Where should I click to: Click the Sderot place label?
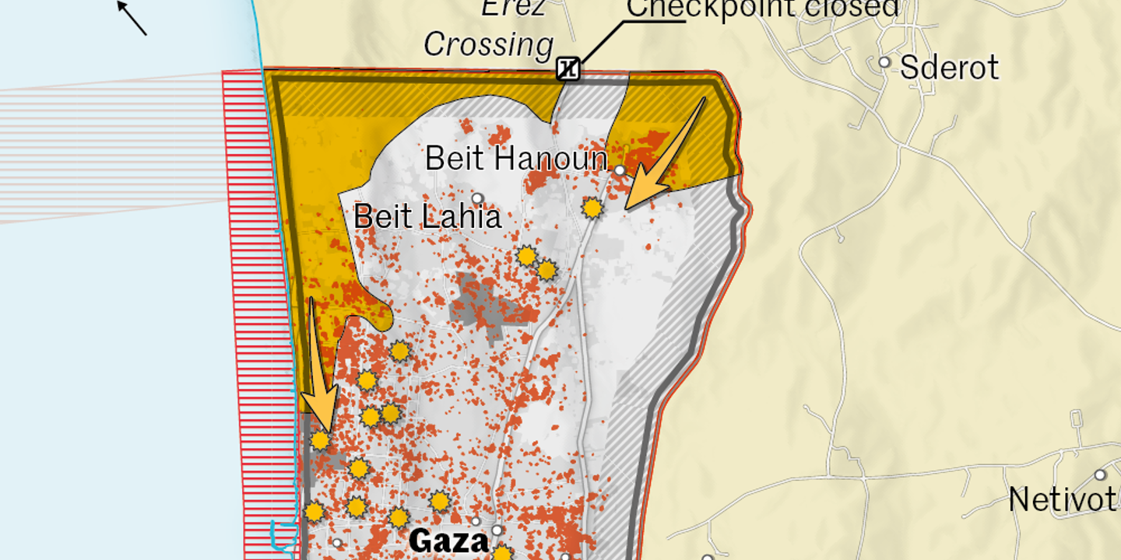949,68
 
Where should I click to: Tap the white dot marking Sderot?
884,62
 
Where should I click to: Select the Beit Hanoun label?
515,159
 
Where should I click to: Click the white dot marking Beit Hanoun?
620,170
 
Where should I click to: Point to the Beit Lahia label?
427,215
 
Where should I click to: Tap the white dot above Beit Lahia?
477,198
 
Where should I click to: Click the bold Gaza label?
448,541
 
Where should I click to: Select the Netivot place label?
1063,499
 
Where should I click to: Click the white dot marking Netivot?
1100,474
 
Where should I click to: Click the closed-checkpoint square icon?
568,69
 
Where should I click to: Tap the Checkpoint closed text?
763,8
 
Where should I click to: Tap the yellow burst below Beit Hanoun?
592,208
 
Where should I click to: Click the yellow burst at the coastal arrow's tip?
320,441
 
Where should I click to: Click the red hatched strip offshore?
249,311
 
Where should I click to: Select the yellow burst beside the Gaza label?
502,554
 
